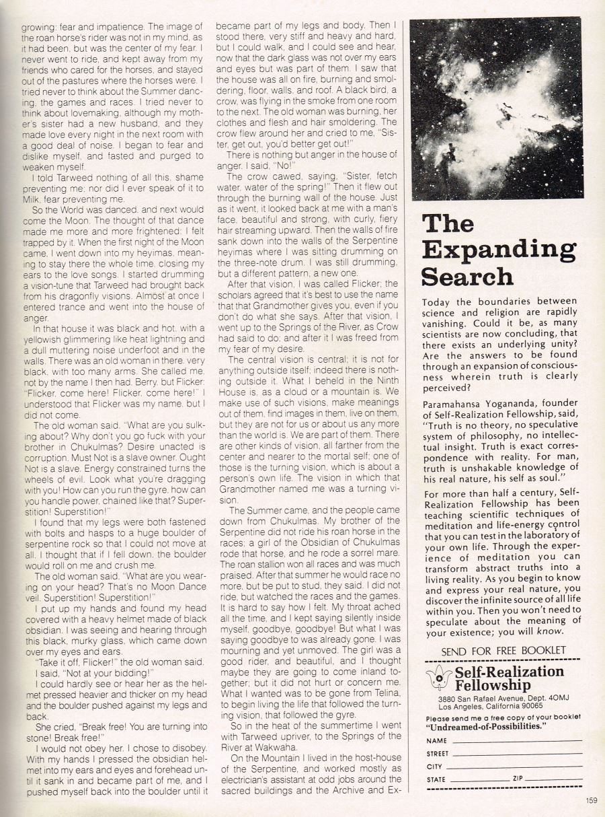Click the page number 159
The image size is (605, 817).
pos(591,800)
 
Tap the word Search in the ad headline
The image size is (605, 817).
pos(467,276)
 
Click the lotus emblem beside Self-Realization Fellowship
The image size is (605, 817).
pos(438,679)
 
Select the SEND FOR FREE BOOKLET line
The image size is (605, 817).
pos(503,651)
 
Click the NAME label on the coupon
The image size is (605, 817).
pos(437,741)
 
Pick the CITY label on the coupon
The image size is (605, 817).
pos(435,767)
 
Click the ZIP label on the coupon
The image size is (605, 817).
pos(518,779)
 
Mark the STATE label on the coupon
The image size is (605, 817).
pos(437,779)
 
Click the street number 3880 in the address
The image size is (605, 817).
pos(448,699)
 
